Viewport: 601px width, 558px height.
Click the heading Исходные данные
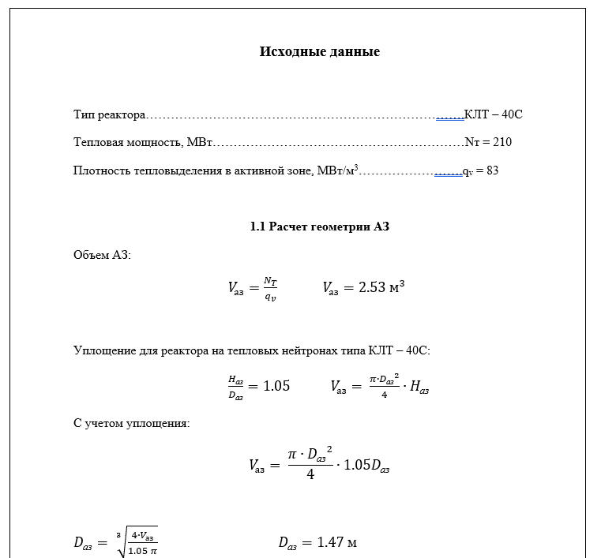pos(320,52)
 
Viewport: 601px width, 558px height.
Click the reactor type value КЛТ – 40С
pos(494,114)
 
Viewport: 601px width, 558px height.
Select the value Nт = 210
pos(488,142)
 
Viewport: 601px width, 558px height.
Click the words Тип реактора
pos(109,114)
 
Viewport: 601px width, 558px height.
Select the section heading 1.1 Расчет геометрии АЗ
pos(320,227)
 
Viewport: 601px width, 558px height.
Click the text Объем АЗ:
pos(102,255)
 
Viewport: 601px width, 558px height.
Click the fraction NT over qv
pos(270,289)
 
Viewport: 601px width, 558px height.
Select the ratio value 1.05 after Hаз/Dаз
pos(276,386)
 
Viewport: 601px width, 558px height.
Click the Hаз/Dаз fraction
pos(235,387)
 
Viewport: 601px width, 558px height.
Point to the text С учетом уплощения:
pos(131,423)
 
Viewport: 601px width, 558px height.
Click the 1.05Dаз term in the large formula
pos(367,465)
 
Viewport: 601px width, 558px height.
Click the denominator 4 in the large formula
pos(310,476)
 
